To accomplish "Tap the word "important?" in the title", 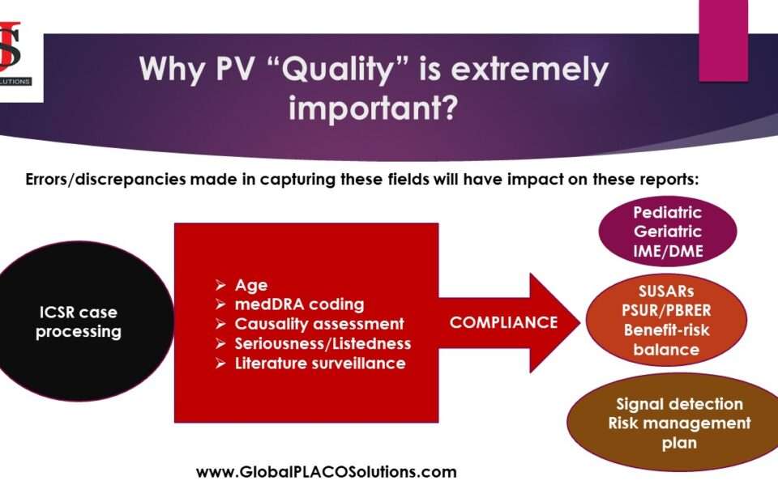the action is point(373,108).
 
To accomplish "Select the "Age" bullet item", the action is point(251,285).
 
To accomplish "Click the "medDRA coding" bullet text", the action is point(299,304).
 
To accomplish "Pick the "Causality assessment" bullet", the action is point(319,324).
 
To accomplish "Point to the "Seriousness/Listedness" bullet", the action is point(323,343).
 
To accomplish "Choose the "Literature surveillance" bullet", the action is point(320,364).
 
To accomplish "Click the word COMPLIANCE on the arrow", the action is point(503,322).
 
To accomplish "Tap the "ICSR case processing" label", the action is point(79,322).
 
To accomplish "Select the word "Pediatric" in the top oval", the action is point(667,213).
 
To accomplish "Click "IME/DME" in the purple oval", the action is point(668,251).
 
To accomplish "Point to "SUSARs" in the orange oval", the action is point(666,291).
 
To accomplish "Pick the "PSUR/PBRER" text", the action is point(666,311).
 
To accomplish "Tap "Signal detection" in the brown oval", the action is point(679,404).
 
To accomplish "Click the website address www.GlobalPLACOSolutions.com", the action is point(327,472).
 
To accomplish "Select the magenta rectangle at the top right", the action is point(723,40).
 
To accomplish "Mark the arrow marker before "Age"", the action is point(220,285).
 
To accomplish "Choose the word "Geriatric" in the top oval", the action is point(668,232).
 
